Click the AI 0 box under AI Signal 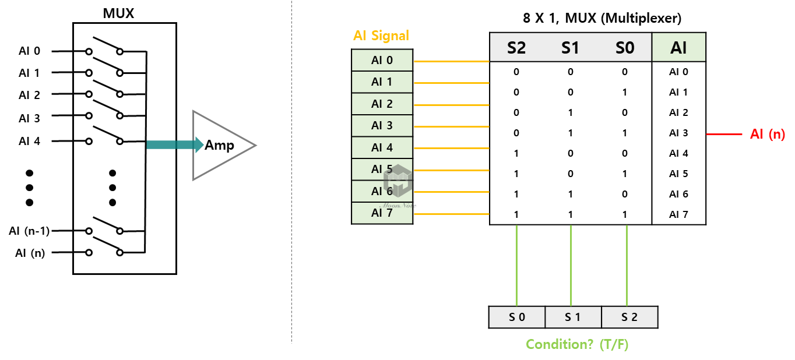(x=382, y=61)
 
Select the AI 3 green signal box (x=382, y=126)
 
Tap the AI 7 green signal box (x=382, y=213)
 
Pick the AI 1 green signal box (x=382, y=82)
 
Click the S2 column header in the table (x=516, y=47)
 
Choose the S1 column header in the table (x=570, y=47)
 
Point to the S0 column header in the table (x=625, y=47)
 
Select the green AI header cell (x=678, y=47)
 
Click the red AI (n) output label (x=768, y=135)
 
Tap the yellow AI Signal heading (x=381, y=36)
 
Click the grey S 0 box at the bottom (x=517, y=317)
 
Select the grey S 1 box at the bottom (x=573, y=317)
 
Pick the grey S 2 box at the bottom (x=629, y=317)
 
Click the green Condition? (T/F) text (x=577, y=344)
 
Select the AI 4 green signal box (x=382, y=148)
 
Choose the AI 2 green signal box (x=382, y=104)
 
